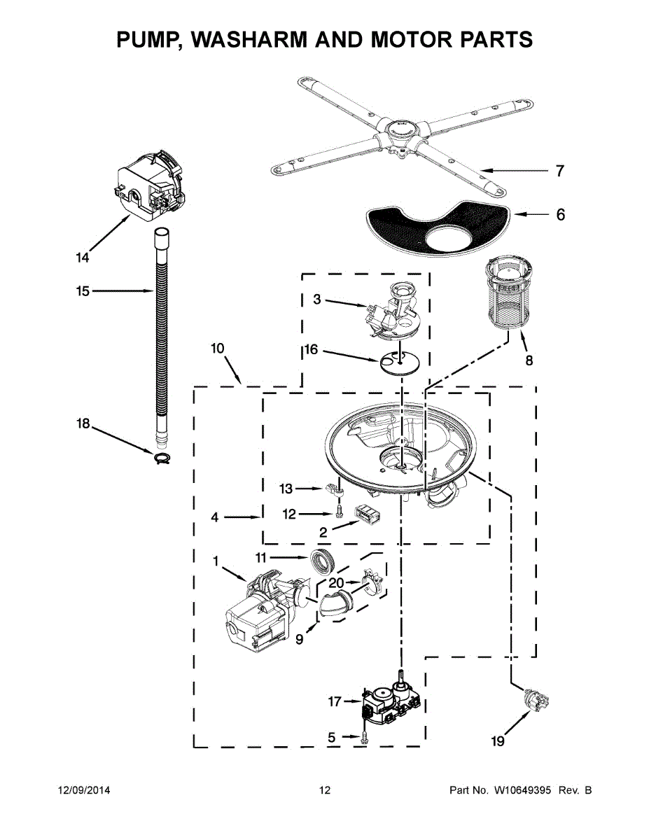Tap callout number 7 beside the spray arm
pyautogui.click(x=559, y=171)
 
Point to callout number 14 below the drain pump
pyautogui.click(x=83, y=258)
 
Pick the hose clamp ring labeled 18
pyautogui.click(x=162, y=458)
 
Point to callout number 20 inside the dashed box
pyautogui.click(x=336, y=582)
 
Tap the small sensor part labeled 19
pyautogui.click(x=536, y=701)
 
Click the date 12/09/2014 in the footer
pyautogui.click(x=84, y=790)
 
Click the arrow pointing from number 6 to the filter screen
pyautogui.click(x=529, y=213)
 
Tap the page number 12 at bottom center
pyautogui.click(x=325, y=790)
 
